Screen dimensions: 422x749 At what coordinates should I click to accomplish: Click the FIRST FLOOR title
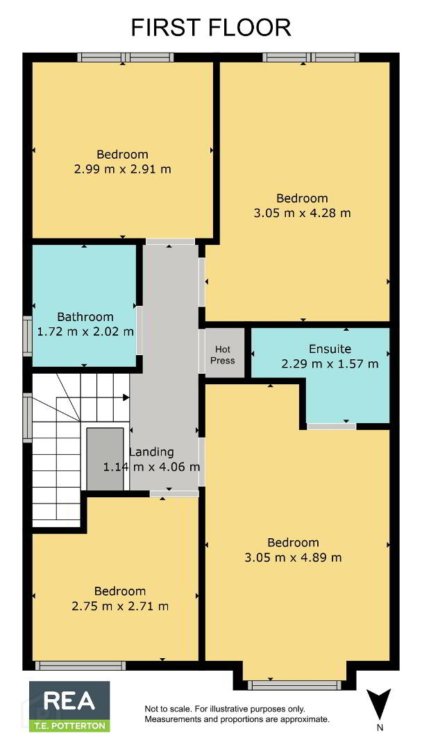(x=211, y=28)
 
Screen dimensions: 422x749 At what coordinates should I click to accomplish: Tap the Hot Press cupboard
(x=225, y=354)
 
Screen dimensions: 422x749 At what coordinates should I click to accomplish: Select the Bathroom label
(x=85, y=317)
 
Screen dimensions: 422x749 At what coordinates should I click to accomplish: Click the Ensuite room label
(x=330, y=349)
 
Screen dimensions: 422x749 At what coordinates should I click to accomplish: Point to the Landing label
(x=152, y=451)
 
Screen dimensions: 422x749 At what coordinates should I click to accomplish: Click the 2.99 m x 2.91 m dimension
(x=123, y=169)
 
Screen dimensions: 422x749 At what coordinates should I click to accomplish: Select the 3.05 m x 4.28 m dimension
(x=303, y=213)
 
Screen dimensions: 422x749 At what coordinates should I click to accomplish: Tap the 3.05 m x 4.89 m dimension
(x=293, y=558)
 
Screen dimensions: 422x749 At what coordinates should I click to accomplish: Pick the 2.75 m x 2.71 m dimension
(x=120, y=607)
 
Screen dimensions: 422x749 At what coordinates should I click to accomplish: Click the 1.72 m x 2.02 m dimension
(x=85, y=331)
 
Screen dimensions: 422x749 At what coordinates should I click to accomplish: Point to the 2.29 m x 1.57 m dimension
(x=330, y=364)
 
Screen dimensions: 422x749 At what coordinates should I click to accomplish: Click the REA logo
(x=69, y=707)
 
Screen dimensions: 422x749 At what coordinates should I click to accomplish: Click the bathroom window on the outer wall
(x=27, y=337)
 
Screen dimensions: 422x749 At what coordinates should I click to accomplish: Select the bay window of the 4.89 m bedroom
(x=294, y=685)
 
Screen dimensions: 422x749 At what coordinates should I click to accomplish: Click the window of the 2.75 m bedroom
(x=81, y=665)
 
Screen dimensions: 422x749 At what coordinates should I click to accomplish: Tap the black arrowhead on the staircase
(x=126, y=397)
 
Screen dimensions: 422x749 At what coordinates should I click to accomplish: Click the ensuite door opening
(x=331, y=426)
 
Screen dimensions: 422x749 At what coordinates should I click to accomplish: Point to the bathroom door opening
(x=140, y=330)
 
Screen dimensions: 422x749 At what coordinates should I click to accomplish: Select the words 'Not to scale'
(x=163, y=709)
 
